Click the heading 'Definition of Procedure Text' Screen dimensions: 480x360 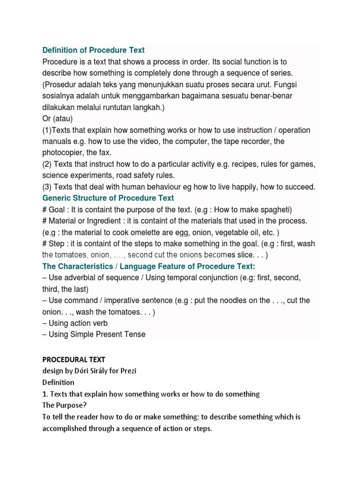[93, 50]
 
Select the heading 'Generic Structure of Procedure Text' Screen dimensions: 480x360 [108, 198]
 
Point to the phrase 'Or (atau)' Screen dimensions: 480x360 [58, 119]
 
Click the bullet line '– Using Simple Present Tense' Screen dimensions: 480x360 [94, 334]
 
